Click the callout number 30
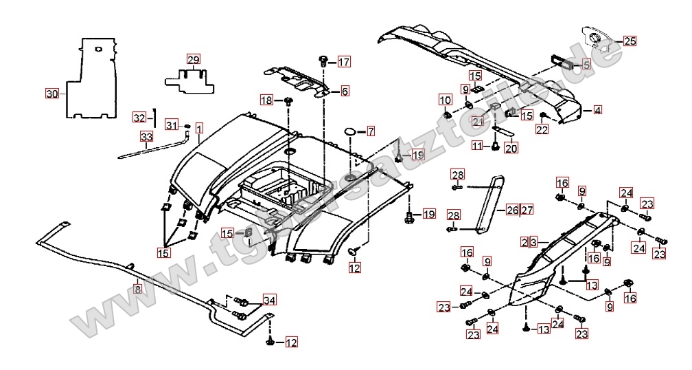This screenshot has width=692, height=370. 52,94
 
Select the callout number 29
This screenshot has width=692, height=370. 193,59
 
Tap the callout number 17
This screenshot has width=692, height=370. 343,63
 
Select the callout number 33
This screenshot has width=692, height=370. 146,137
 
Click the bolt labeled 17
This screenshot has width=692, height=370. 324,62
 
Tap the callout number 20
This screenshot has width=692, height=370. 511,147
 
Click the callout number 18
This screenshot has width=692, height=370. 266,100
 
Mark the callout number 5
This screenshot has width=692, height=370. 586,65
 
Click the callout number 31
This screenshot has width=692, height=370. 171,125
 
